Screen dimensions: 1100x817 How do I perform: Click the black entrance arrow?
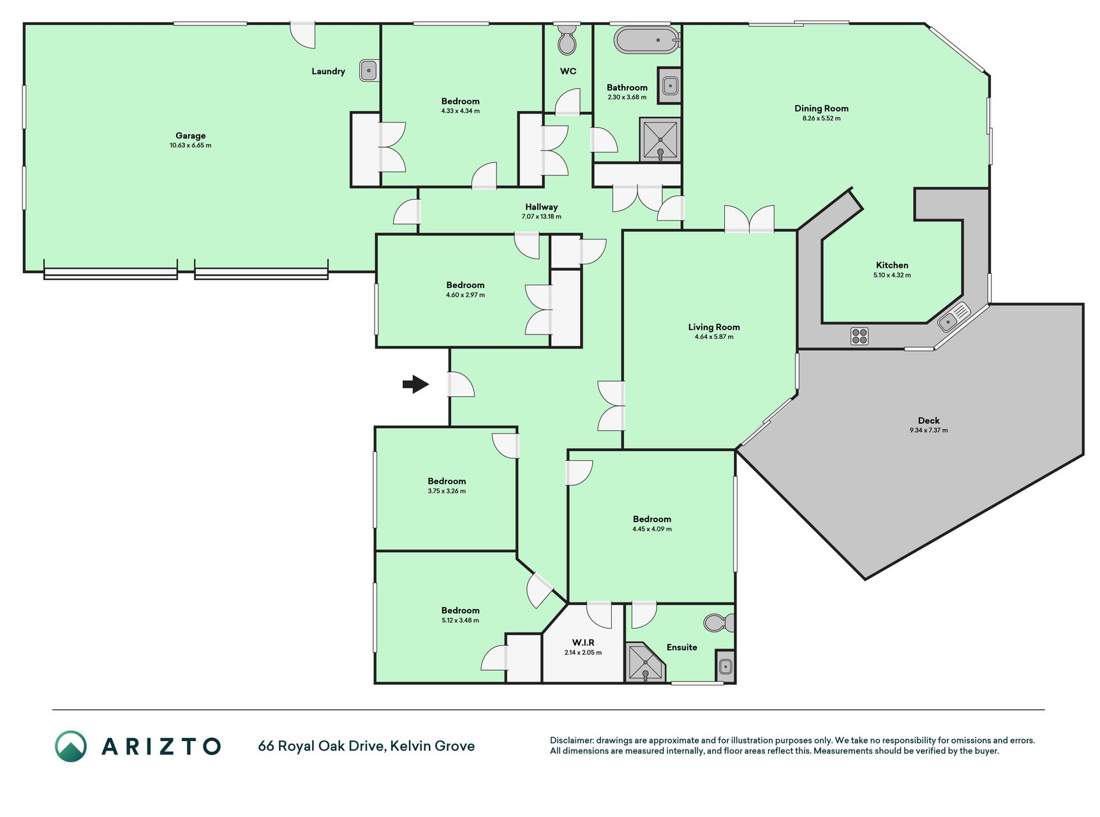415,384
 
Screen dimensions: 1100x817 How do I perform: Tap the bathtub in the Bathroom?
647,40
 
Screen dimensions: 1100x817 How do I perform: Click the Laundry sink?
369,70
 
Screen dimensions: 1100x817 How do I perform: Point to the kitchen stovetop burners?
859,336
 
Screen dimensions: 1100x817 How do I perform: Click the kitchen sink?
954,317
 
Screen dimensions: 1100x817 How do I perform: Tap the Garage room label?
191,135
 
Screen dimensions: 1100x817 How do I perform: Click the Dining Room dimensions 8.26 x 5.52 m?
821,118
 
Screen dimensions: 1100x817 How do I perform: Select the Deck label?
929,420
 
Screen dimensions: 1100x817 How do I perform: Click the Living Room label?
714,327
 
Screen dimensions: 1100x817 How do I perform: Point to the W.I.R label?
583,642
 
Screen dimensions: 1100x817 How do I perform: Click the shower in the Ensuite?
645,663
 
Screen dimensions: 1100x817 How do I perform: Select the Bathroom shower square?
660,140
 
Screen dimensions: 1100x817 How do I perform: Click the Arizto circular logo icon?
71,746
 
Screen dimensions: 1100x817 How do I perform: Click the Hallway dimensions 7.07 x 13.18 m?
541,216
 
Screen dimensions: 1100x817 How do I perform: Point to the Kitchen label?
892,265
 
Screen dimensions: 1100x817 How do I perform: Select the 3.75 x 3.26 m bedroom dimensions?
447,491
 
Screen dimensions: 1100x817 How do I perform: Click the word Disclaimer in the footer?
572,740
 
